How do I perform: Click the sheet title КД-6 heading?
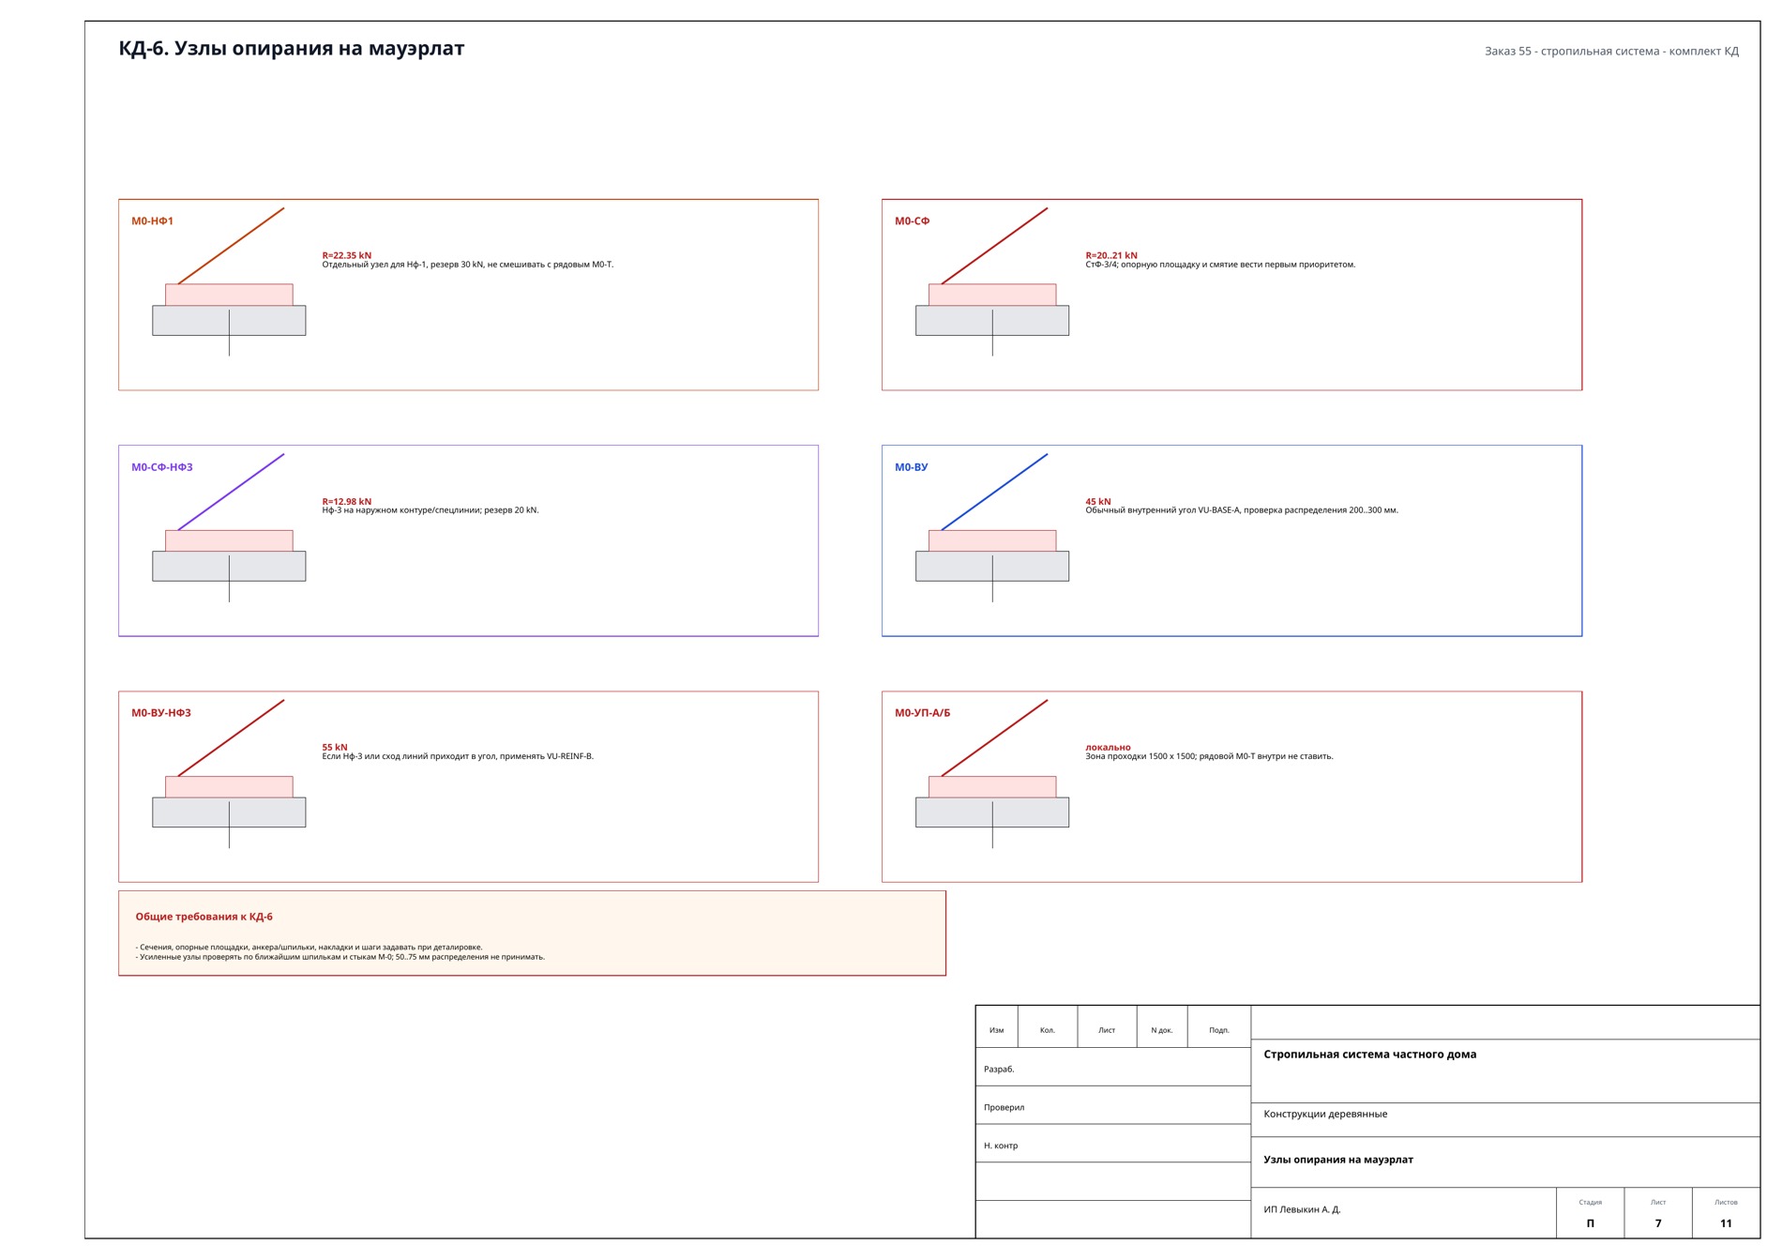pyautogui.click(x=291, y=49)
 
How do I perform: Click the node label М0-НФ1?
pyautogui.click(x=152, y=221)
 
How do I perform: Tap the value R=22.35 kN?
pyautogui.click(x=347, y=255)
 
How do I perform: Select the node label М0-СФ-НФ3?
pyautogui.click(x=162, y=467)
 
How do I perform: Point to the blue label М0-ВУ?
pyautogui.click(x=911, y=467)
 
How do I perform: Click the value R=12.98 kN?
pyautogui.click(x=347, y=501)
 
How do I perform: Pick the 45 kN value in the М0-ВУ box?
pyautogui.click(x=1098, y=501)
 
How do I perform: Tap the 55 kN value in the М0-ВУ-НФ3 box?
pyautogui.click(x=335, y=747)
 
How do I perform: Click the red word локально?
pyautogui.click(x=1109, y=747)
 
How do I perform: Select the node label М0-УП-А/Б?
pyautogui.click(x=922, y=713)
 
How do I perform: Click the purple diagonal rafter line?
pyautogui.click(x=231, y=493)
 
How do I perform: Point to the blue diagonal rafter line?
pyautogui.click(x=994, y=493)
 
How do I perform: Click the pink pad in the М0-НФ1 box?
pyautogui.click(x=229, y=295)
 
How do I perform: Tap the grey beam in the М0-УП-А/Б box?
pyautogui.click(x=992, y=812)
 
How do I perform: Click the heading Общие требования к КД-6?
pyautogui.click(x=204, y=917)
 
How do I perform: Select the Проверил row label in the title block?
pyautogui.click(x=1004, y=1107)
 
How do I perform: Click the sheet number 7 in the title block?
pyautogui.click(x=1658, y=1223)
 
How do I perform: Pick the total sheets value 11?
pyautogui.click(x=1726, y=1223)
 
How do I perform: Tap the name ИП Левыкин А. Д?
pyautogui.click(x=1302, y=1209)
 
